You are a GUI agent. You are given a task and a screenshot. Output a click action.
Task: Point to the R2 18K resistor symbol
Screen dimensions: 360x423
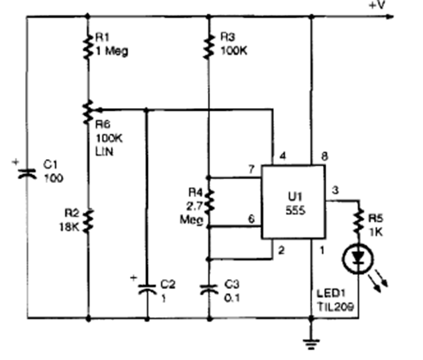pyautogui.click(x=88, y=221)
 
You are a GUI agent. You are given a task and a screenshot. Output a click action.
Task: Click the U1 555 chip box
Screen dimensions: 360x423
pyautogui.click(x=292, y=202)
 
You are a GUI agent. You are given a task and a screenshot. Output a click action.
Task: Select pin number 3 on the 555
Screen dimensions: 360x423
pyautogui.click(x=336, y=191)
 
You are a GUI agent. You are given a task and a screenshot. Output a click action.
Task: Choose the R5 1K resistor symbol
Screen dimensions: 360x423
pyautogui.click(x=358, y=220)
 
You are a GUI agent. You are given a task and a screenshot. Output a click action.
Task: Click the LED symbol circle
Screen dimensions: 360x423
pyautogui.click(x=358, y=258)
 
